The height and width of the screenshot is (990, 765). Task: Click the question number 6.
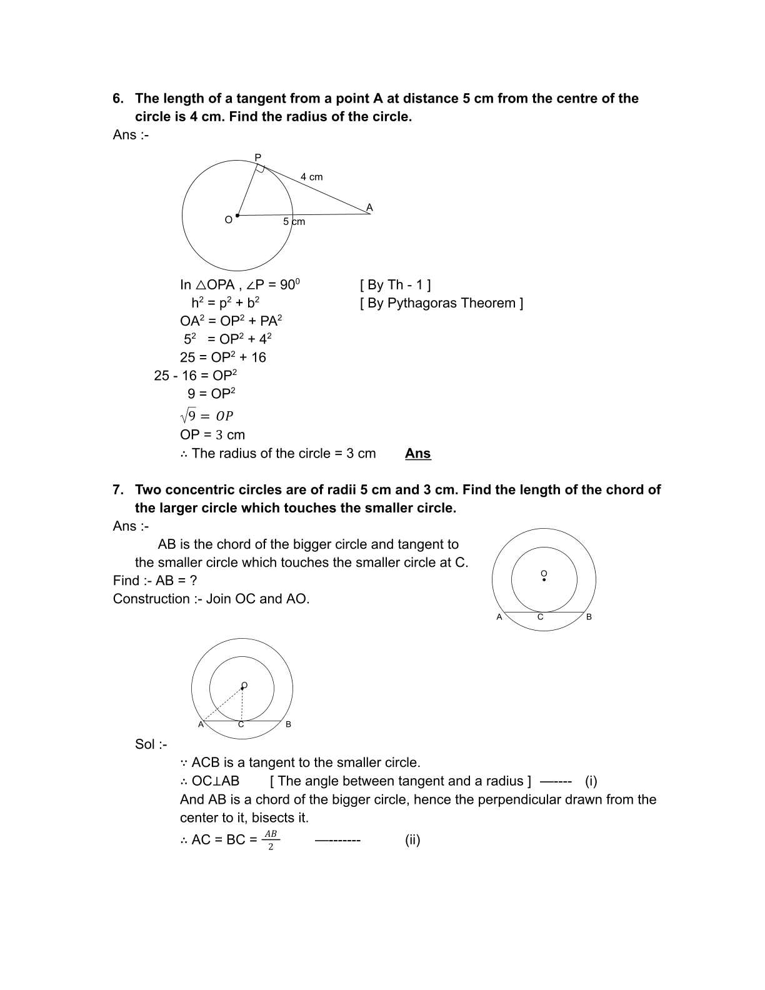tap(117, 99)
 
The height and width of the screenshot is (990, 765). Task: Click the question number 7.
tap(117, 490)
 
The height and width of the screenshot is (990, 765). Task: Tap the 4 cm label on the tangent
tap(311, 177)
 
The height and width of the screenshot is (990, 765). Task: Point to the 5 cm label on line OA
tap(294, 222)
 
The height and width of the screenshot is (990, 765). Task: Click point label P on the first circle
tap(258, 157)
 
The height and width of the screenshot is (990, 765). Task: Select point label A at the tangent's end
tap(369, 207)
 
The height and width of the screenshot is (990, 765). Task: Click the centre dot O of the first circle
tap(237, 215)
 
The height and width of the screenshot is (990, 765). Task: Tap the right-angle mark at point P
tap(261, 169)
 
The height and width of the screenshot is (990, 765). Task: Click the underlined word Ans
tap(417, 454)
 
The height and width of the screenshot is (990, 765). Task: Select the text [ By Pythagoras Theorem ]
tap(441, 303)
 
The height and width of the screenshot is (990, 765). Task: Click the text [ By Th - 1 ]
tap(395, 285)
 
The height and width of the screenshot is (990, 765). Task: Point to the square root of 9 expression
tap(206, 416)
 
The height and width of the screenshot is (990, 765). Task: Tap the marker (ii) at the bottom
tap(412, 840)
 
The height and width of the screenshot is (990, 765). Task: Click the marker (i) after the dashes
tap(591, 781)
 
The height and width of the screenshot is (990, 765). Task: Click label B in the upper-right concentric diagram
tap(589, 617)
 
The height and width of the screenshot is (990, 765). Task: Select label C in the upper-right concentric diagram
tap(541, 617)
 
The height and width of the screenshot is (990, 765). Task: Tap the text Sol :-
tap(151, 744)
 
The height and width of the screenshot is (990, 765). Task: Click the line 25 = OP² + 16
tap(223, 357)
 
